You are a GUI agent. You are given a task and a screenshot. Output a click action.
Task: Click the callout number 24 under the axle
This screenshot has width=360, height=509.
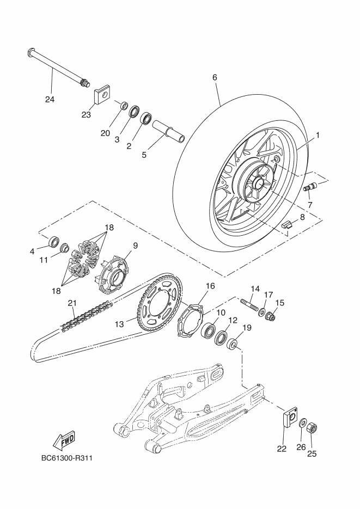coord(51,100)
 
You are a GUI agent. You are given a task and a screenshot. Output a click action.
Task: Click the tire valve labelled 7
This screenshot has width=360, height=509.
coord(309,187)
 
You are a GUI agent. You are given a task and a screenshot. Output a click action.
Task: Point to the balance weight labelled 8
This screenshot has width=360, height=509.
coord(290,223)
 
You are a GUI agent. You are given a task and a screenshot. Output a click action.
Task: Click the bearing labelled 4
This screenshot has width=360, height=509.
coord(53,241)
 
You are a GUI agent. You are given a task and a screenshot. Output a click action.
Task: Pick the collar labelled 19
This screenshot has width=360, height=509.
coord(233,344)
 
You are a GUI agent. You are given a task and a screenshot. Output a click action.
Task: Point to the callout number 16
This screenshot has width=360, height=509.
coord(210,285)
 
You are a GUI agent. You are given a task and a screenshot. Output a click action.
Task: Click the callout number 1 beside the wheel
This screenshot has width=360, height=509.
coord(317,134)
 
